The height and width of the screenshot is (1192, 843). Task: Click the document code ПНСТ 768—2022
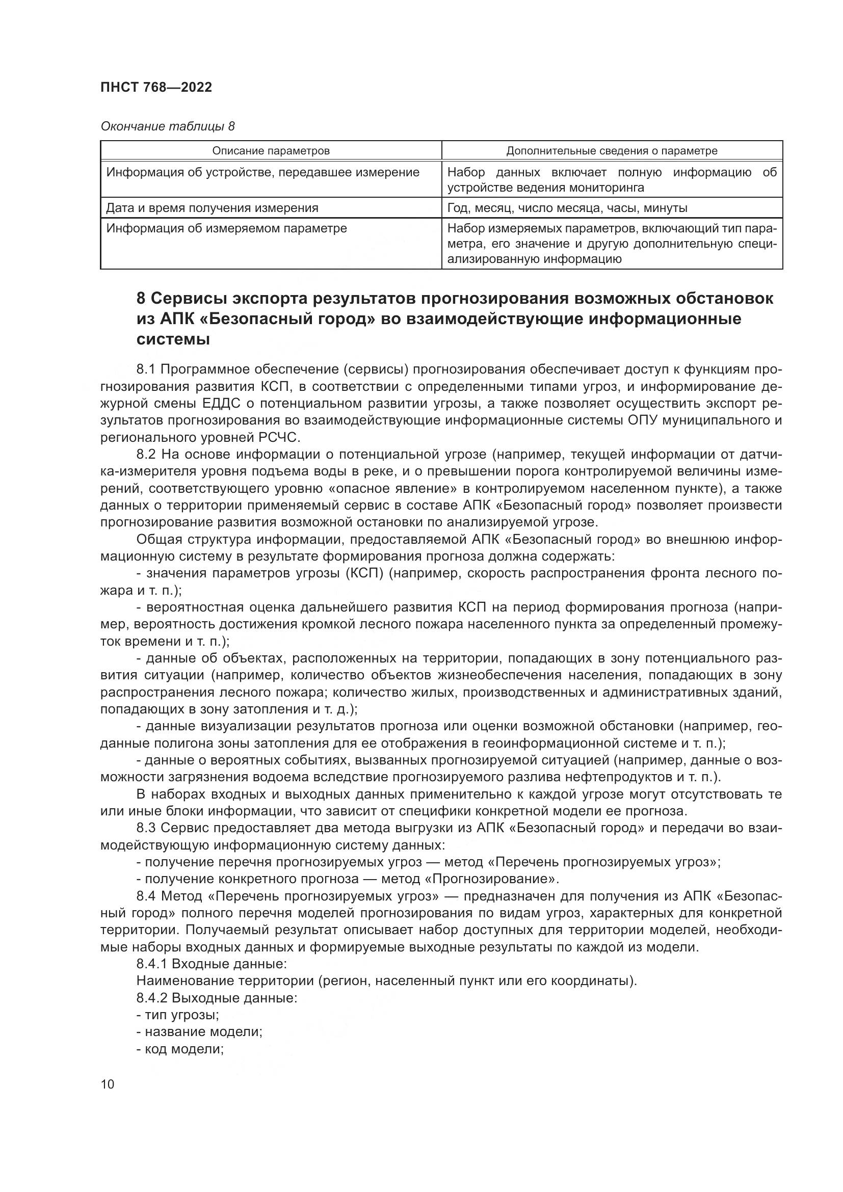(156, 87)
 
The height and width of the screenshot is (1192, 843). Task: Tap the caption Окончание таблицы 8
(167, 126)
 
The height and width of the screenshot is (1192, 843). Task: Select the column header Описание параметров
(271, 151)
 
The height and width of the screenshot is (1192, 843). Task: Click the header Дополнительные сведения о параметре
(612, 151)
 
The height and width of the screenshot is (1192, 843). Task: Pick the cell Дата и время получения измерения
(212, 208)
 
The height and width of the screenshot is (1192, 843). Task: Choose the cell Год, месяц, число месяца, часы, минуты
(567, 208)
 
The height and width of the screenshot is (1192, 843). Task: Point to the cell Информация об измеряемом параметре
(226, 228)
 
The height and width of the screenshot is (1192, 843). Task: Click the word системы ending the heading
(173, 340)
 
